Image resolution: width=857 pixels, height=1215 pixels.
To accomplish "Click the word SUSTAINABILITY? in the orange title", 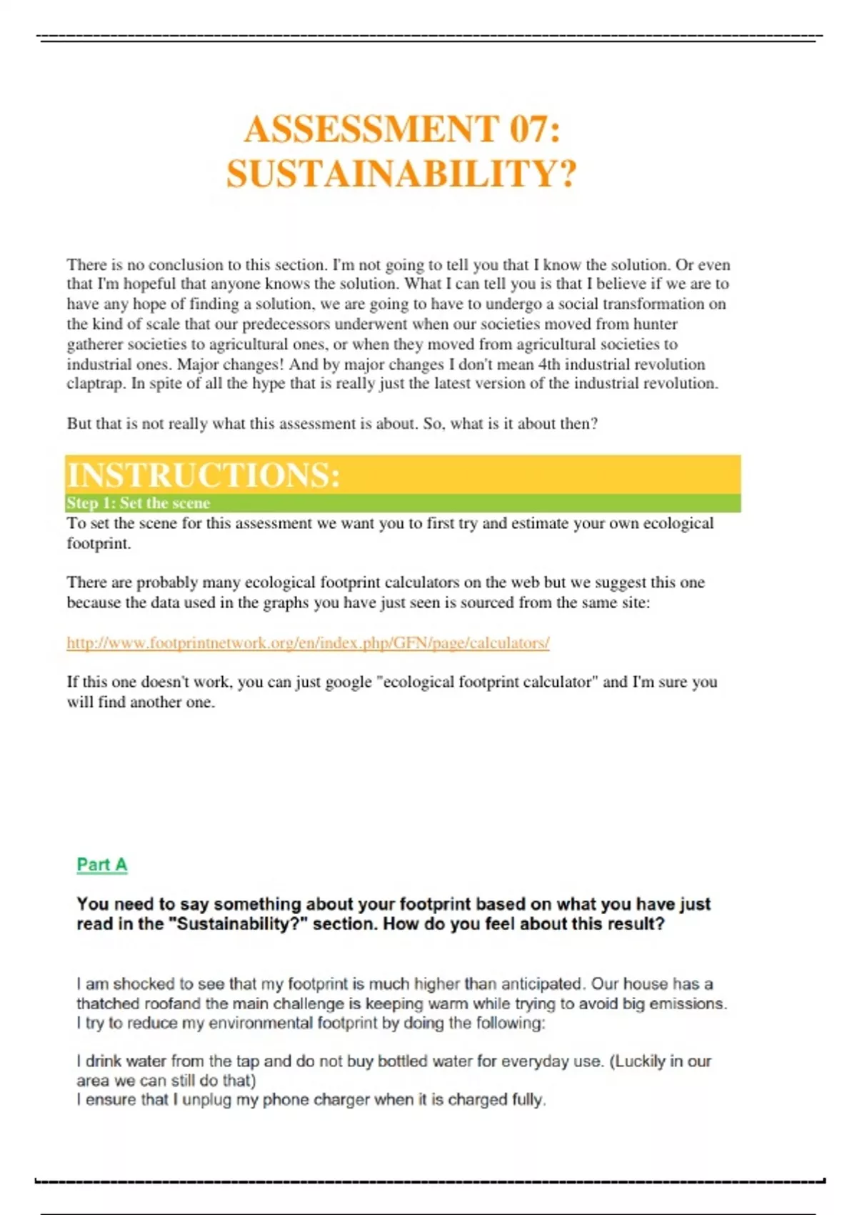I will [x=401, y=174].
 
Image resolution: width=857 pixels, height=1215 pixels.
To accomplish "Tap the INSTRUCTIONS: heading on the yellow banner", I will [x=204, y=475].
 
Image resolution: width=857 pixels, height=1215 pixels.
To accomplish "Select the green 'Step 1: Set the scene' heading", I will [x=139, y=503].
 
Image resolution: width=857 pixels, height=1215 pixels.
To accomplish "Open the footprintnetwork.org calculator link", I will [x=308, y=643].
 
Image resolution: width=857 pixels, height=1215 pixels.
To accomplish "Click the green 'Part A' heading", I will [x=102, y=865].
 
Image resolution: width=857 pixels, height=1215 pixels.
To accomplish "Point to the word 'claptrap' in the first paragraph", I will [x=95, y=384].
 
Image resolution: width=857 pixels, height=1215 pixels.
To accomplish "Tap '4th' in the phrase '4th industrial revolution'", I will [x=549, y=364].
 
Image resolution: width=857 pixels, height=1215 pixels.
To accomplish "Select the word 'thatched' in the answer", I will [x=108, y=1003].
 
